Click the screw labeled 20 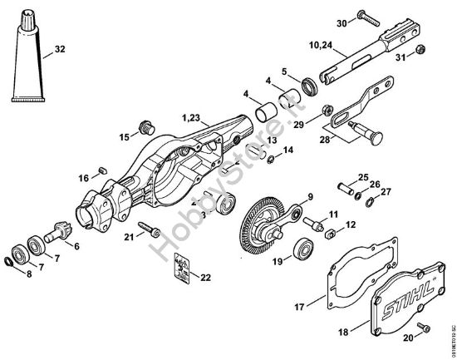click(421, 326)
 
